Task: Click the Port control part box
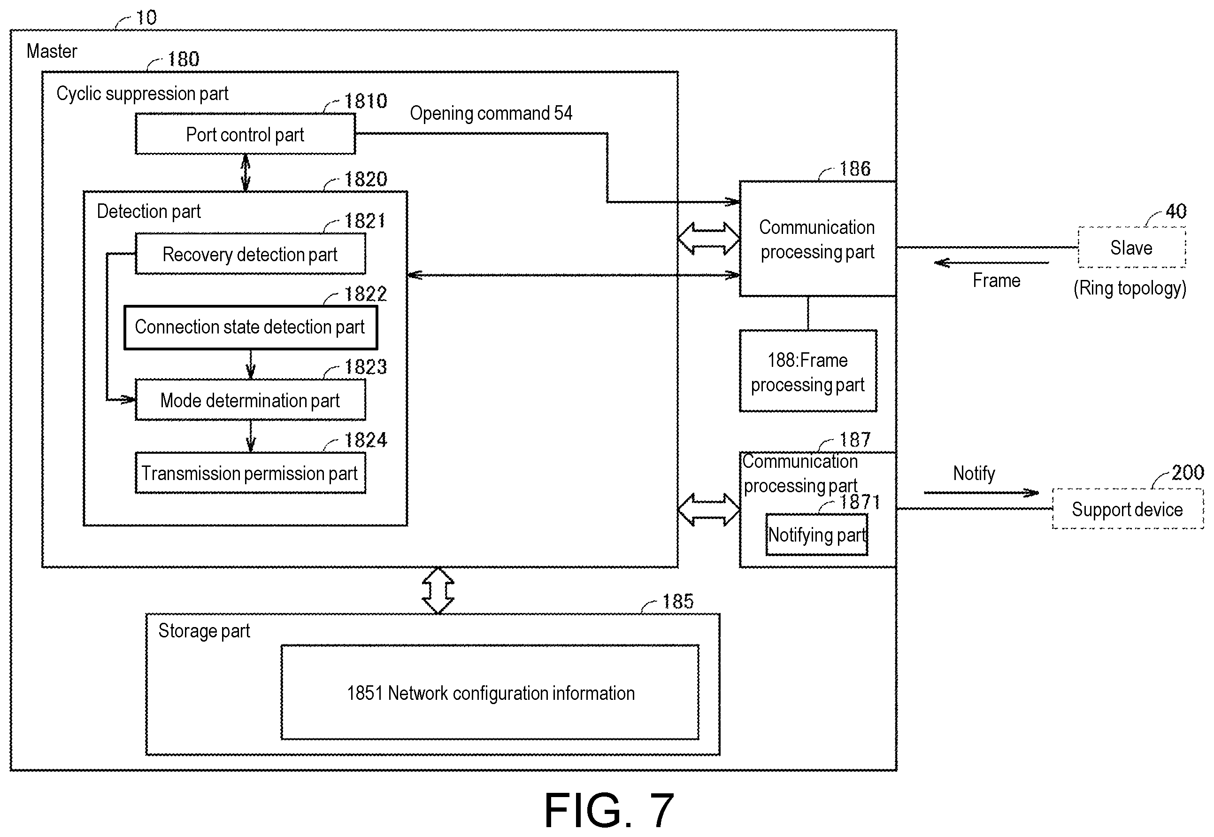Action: pyautogui.click(x=246, y=134)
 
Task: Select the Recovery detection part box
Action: pyautogui.click(x=251, y=254)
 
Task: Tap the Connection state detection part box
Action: pyautogui.click(x=251, y=327)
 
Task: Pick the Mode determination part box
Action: pyautogui.click(x=251, y=400)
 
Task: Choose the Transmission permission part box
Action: pyautogui.click(x=251, y=473)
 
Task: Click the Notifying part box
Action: pyautogui.click(x=817, y=535)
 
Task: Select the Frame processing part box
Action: pyautogui.click(x=808, y=371)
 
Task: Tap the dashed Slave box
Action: pyautogui.click(x=1132, y=248)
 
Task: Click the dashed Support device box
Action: pyautogui.click(x=1128, y=509)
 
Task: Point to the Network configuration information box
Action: pyautogui.click(x=490, y=692)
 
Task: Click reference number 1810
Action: pyautogui.click(x=365, y=101)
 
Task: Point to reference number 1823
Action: pyautogui.click(x=365, y=366)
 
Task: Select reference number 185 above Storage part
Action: pyautogui.click(x=678, y=601)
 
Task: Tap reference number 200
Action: pyautogui.click(x=1187, y=473)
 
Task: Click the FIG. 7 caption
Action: pyautogui.click(x=609, y=810)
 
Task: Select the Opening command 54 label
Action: pyautogui.click(x=491, y=113)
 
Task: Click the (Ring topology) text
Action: pyautogui.click(x=1129, y=288)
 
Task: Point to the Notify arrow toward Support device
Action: pyautogui.click(x=981, y=492)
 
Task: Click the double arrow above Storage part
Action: pyautogui.click(x=438, y=590)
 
